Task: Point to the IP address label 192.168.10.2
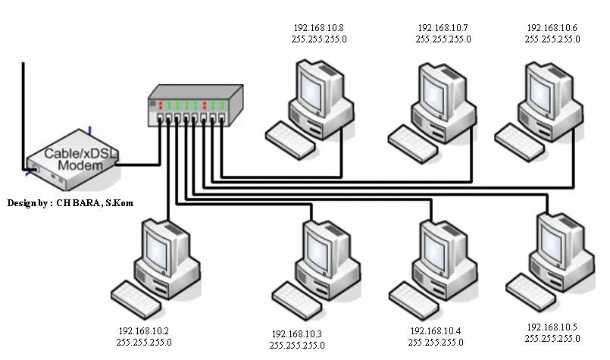point(144,331)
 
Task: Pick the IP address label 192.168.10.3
point(297,334)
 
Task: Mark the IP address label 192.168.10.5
point(552,327)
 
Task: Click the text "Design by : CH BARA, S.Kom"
point(65,203)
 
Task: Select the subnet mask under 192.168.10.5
point(552,337)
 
